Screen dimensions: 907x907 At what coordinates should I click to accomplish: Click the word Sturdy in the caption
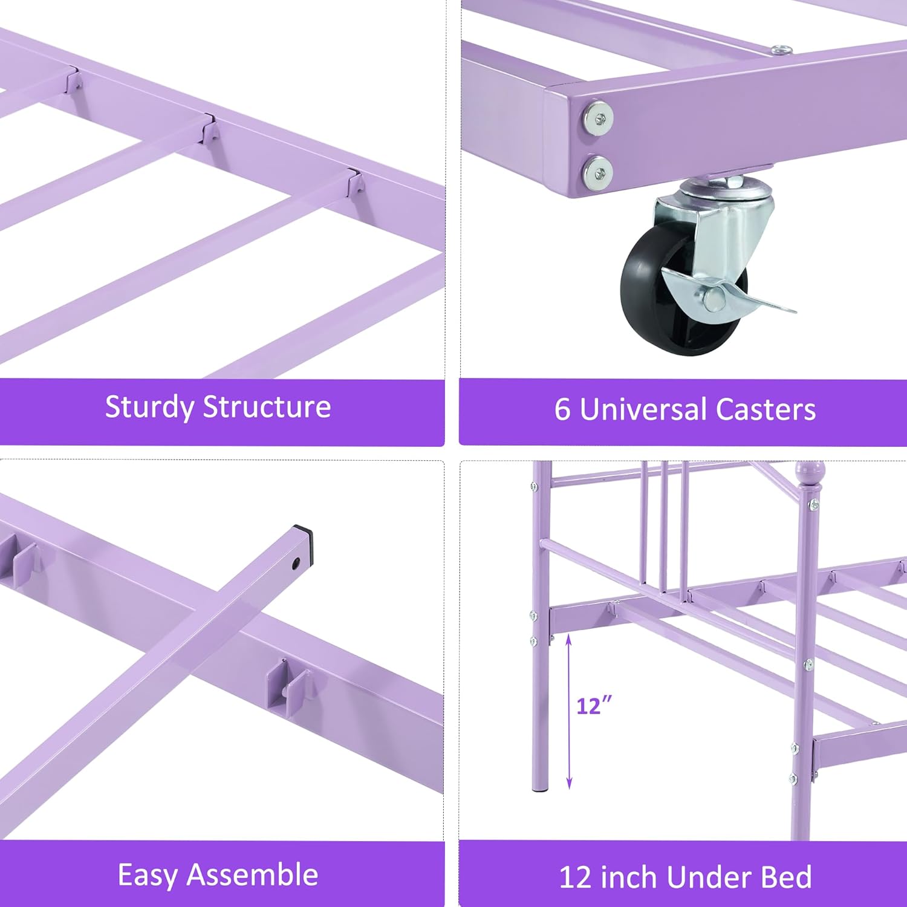click(149, 408)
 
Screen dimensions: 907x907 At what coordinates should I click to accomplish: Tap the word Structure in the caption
click(267, 406)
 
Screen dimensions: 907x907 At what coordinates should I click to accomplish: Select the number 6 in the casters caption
click(562, 409)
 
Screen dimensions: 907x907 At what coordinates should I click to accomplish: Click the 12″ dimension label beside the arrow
click(594, 705)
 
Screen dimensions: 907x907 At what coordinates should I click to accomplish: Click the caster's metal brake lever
click(729, 290)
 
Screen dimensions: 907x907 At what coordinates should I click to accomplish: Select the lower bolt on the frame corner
click(597, 172)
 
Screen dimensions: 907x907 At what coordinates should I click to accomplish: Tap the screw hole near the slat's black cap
click(296, 564)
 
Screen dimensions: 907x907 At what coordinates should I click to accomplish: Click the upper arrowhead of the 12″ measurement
click(568, 639)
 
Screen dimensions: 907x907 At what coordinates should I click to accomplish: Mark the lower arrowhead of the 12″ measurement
click(568, 782)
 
